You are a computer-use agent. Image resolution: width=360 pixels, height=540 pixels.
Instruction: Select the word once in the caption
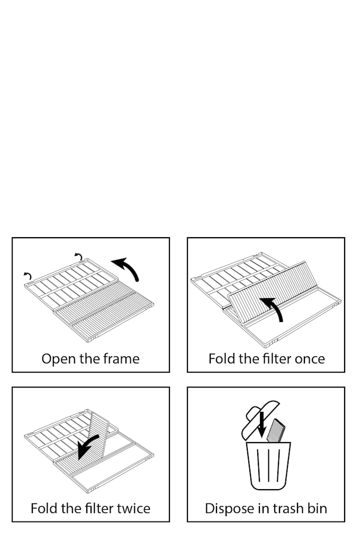[308, 359]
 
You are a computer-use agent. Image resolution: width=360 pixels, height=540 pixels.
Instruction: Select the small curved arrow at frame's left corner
[28, 275]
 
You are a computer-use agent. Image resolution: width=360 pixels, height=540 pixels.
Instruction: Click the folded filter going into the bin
[277, 430]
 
